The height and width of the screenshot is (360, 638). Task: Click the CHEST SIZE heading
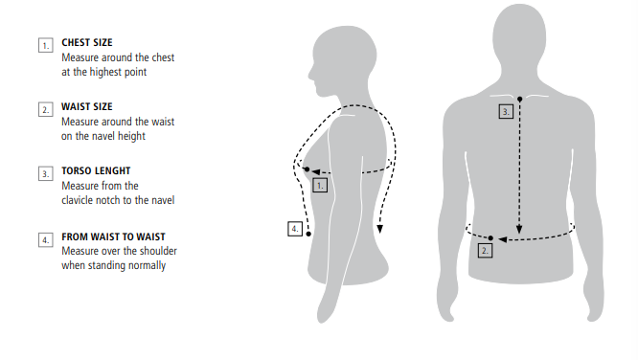click(86, 42)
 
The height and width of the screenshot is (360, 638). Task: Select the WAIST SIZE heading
click(86, 106)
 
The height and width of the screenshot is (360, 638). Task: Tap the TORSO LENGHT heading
click(96, 170)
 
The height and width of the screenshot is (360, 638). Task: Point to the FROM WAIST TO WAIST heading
click(114, 236)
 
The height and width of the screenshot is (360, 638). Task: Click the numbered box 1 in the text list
click(46, 45)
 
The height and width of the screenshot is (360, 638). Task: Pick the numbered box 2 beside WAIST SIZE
click(46, 109)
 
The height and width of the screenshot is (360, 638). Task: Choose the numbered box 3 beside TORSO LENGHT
click(46, 173)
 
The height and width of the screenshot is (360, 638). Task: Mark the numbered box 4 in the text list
click(46, 239)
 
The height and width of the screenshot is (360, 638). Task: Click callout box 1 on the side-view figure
click(320, 186)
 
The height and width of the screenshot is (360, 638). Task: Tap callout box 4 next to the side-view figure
click(295, 229)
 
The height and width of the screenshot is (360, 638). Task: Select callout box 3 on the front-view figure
click(506, 111)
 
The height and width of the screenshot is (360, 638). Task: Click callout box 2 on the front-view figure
click(485, 251)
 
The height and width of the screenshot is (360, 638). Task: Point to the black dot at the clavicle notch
click(519, 99)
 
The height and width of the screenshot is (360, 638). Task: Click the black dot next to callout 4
click(308, 234)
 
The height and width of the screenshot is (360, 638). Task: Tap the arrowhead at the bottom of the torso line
click(519, 230)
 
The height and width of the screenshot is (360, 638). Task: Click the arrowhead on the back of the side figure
click(379, 229)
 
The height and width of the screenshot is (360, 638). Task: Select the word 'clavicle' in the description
click(78, 200)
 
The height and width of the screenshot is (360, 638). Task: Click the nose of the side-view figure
click(311, 74)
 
